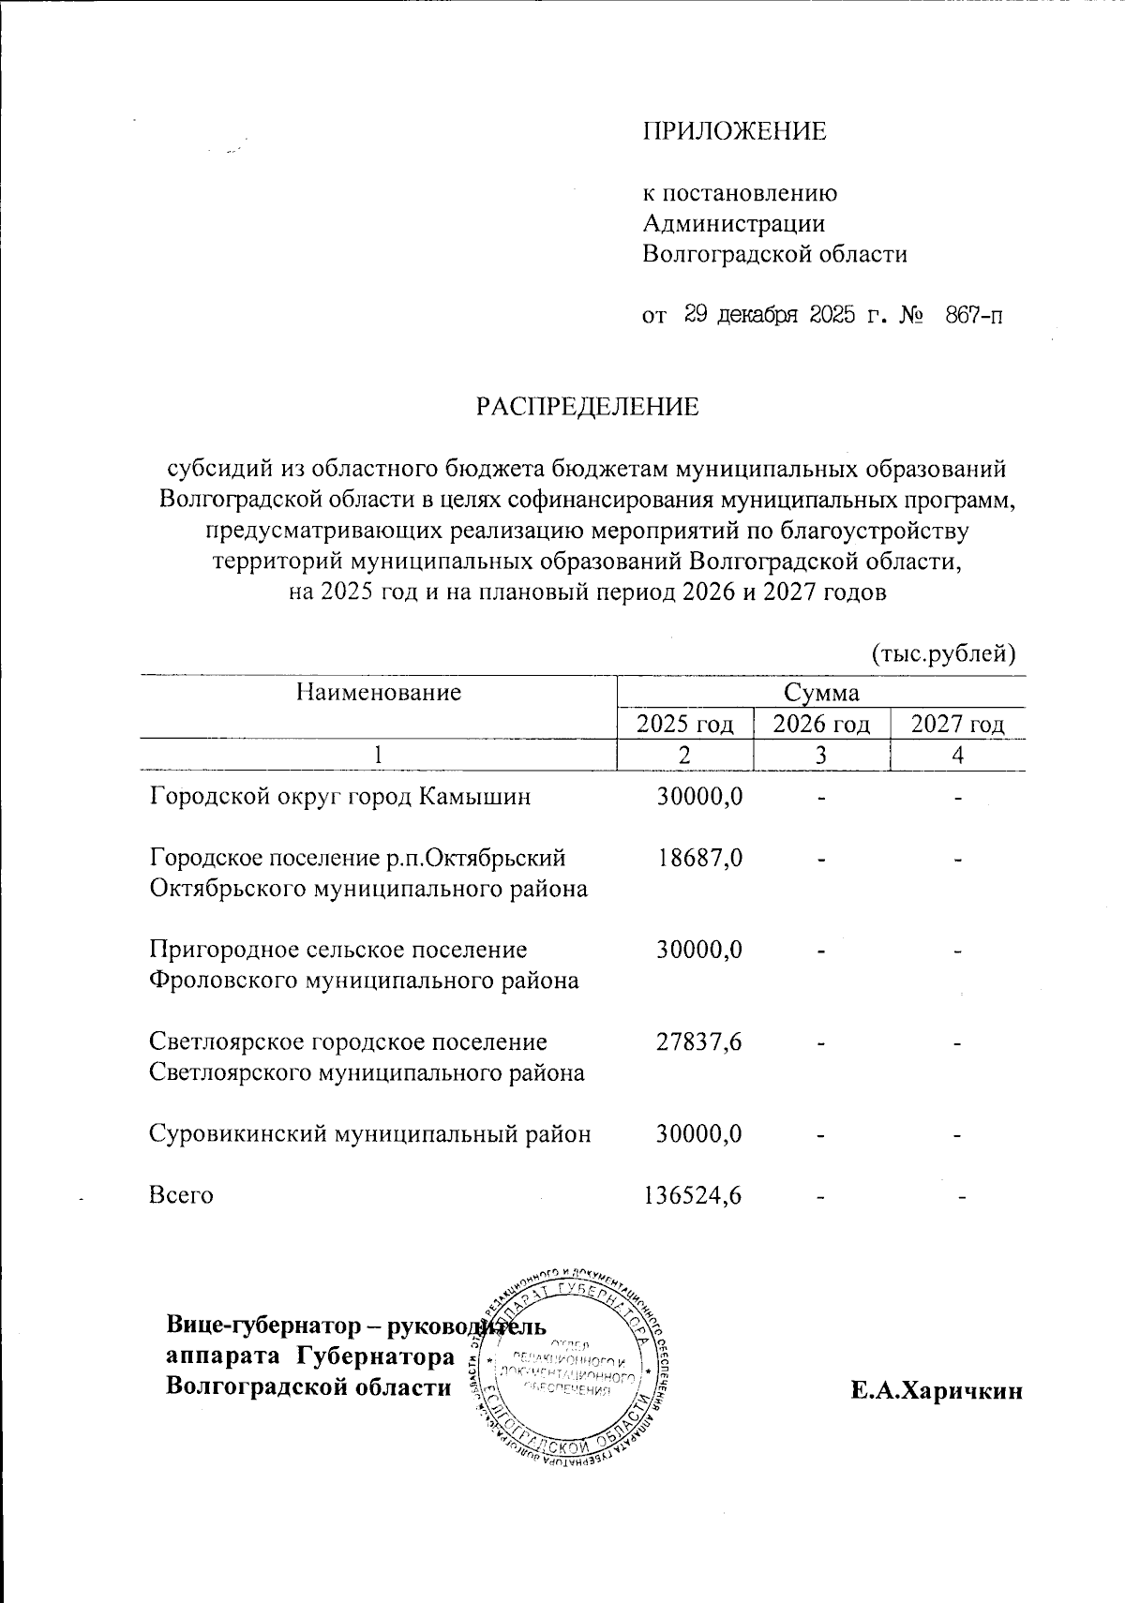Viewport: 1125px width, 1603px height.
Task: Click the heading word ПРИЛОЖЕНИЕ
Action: pos(734,131)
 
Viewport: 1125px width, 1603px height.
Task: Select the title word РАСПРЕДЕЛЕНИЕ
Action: pos(588,407)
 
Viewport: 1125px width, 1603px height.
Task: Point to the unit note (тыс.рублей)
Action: pos(944,652)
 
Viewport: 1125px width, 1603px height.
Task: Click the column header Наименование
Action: pos(379,692)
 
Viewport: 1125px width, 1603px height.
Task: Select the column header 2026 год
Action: pos(821,724)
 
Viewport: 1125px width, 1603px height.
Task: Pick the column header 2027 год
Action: pos(957,724)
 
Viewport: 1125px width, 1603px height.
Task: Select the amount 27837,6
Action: pos(699,1041)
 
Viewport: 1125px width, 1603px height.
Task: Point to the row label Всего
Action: pos(181,1195)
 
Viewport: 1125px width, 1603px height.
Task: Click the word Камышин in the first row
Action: pos(474,797)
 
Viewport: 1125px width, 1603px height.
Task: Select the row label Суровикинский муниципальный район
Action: pos(370,1134)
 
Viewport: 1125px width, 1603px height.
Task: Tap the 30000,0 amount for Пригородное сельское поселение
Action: pos(699,950)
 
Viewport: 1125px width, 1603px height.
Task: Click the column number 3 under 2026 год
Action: pos(821,755)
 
